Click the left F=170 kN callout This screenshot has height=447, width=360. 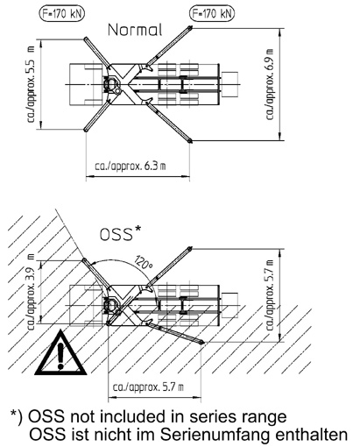61,14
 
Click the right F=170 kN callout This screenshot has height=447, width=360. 212,14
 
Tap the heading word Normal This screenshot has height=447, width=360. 135,30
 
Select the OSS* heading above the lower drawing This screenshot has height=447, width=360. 120,233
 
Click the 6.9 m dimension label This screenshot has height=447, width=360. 270,84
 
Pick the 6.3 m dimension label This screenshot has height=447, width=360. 131,167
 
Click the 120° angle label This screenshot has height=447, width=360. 144,262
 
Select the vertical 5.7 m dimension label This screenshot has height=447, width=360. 270,295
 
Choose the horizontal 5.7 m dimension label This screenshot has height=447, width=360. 148,387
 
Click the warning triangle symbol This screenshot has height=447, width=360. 60,353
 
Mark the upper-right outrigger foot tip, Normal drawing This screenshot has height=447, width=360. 190,28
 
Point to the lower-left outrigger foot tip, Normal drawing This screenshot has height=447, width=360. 86,130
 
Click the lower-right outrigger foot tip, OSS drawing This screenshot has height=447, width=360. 201,342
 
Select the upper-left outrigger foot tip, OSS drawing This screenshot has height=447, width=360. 84,259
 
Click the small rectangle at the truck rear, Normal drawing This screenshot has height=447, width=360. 229,85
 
